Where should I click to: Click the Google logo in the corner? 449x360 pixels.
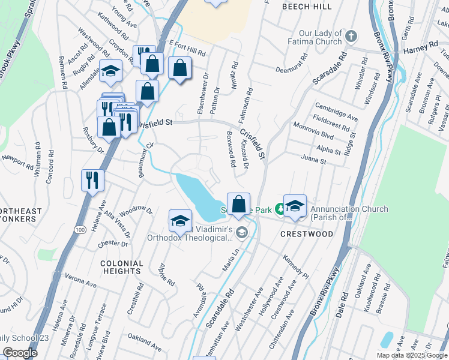[19, 353]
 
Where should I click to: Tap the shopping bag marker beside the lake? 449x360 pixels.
[238, 204]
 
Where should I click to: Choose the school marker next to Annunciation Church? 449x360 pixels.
[295, 206]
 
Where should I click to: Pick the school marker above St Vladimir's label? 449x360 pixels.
[180, 221]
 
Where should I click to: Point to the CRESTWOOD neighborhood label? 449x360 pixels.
[306, 234]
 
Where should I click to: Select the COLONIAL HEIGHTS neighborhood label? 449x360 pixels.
[122, 267]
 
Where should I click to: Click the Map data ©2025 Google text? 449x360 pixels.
[411, 355]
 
